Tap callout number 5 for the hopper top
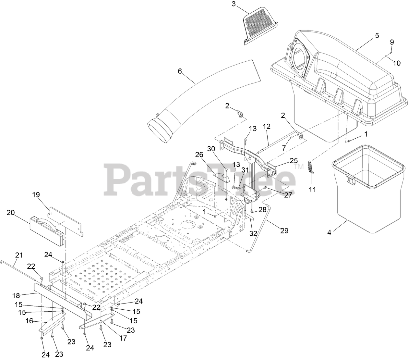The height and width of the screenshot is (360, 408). coord(377,36)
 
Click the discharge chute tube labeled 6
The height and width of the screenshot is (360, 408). coord(208,101)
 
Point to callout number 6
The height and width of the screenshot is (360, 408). coord(180,71)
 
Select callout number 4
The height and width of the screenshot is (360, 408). coord(330,233)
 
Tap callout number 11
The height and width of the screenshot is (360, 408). coord(312,190)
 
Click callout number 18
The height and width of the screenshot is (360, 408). coord(16,295)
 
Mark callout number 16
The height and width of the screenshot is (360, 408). coord(29,321)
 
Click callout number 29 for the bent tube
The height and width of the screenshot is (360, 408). coord(284,230)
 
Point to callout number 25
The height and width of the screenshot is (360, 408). coord(294,160)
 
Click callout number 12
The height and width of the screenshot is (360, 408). coord(267,126)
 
